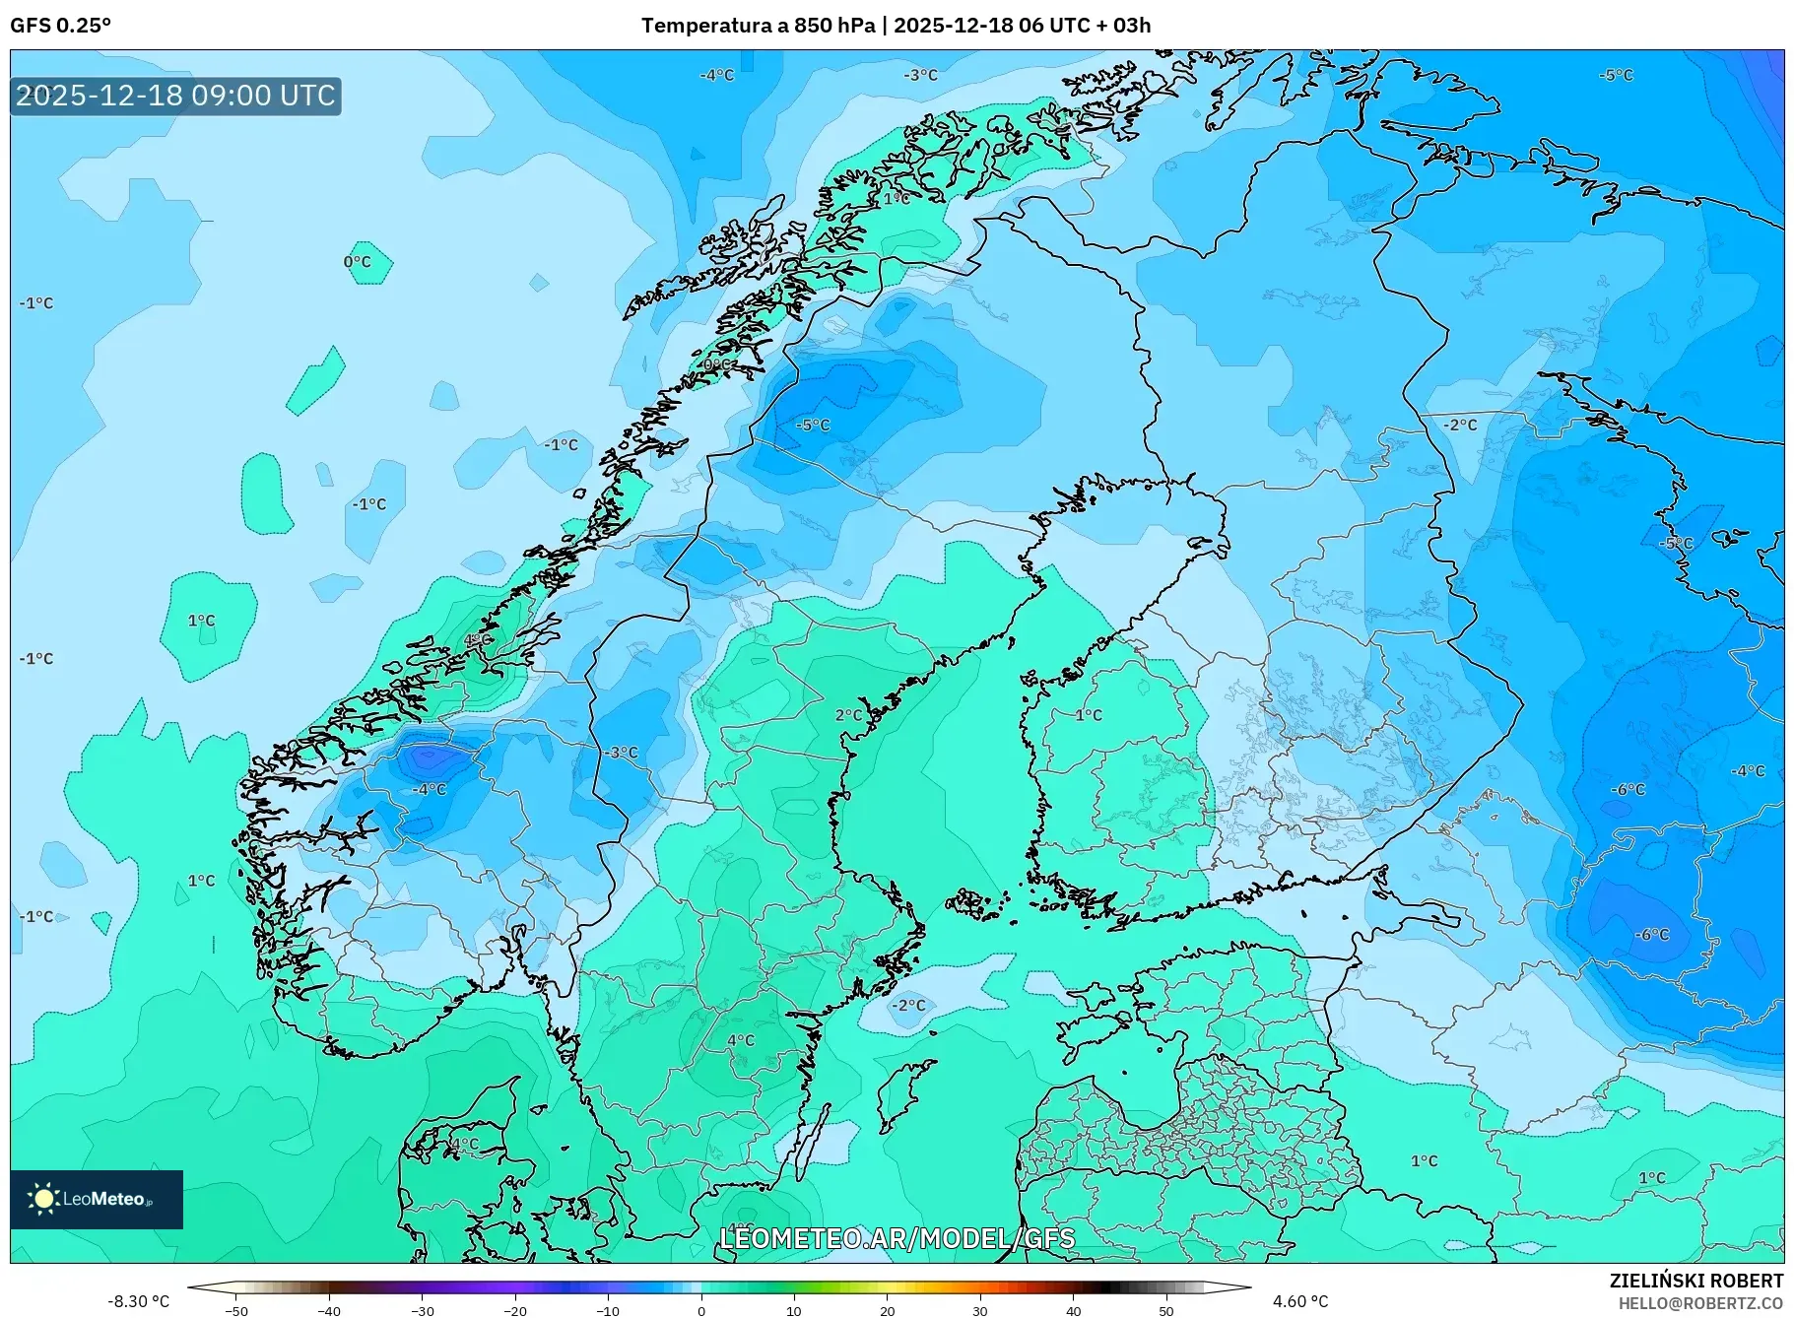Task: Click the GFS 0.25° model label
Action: [60, 26]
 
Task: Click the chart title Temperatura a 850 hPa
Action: [757, 26]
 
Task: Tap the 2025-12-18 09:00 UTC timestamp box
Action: [175, 96]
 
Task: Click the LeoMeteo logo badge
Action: [97, 1199]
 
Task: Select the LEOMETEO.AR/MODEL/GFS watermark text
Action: [897, 1238]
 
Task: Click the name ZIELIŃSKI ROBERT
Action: [1695, 1281]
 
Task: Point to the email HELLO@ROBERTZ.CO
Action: [1699, 1303]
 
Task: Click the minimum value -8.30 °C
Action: [139, 1301]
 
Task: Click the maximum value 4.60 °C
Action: [1299, 1301]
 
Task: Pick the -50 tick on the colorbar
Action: [236, 1311]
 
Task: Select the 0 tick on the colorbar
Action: [701, 1311]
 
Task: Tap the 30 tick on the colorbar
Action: [980, 1311]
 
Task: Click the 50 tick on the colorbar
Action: [1166, 1311]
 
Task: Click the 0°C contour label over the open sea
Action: [358, 262]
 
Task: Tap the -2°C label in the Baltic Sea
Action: [908, 1005]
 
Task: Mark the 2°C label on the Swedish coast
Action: [848, 715]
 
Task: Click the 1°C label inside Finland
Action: [1089, 714]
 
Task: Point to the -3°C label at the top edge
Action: [921, 75]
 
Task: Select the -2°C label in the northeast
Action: [1460, 425]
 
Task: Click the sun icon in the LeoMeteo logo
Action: [43, 1198]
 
